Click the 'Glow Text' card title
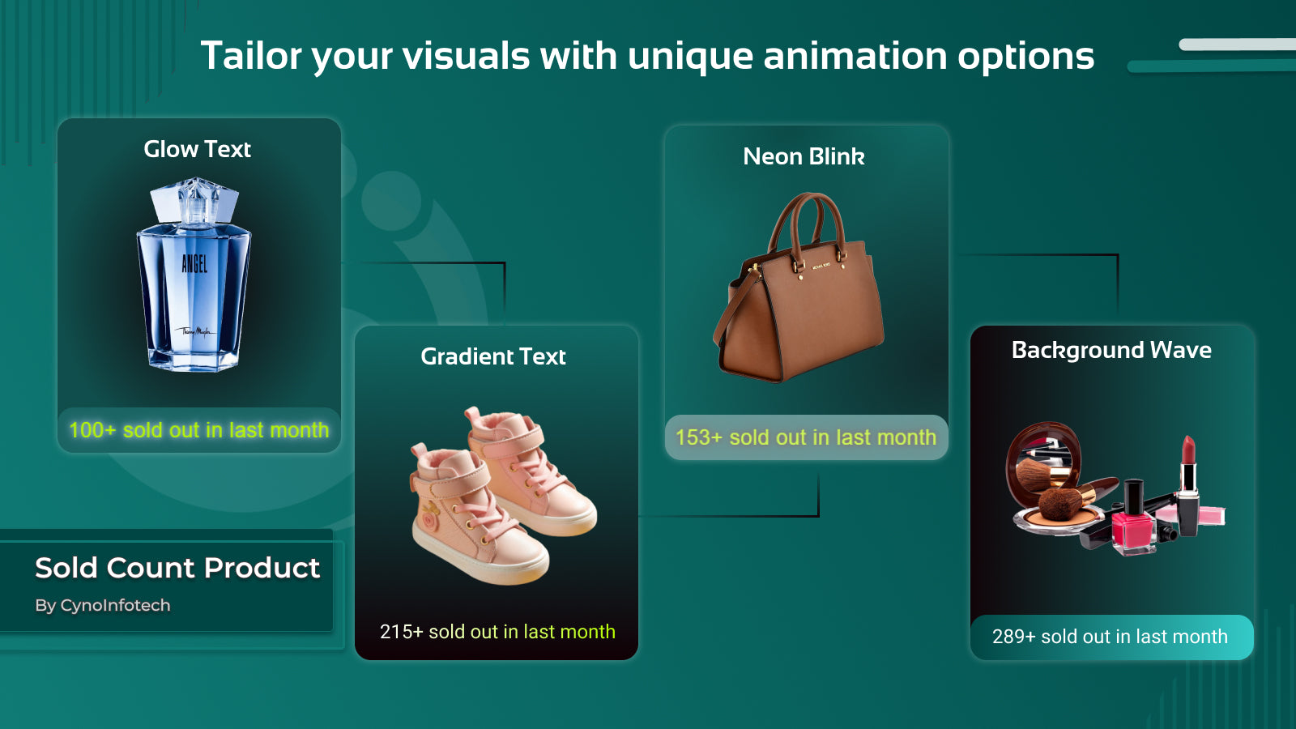(198, 149)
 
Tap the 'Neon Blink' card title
(804, 156)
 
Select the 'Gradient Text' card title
(493, 356)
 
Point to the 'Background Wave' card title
(1111, 350)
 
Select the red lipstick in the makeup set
(1187, 486)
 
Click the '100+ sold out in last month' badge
(199, 430)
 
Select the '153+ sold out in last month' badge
(806, 437)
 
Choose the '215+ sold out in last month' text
(497, 632)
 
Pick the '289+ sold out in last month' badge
(1111, 637)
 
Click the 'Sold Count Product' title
(177, 568)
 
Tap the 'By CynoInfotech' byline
(102, 605)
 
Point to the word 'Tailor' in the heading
(251, 56)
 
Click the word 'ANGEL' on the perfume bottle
(194, 264)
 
